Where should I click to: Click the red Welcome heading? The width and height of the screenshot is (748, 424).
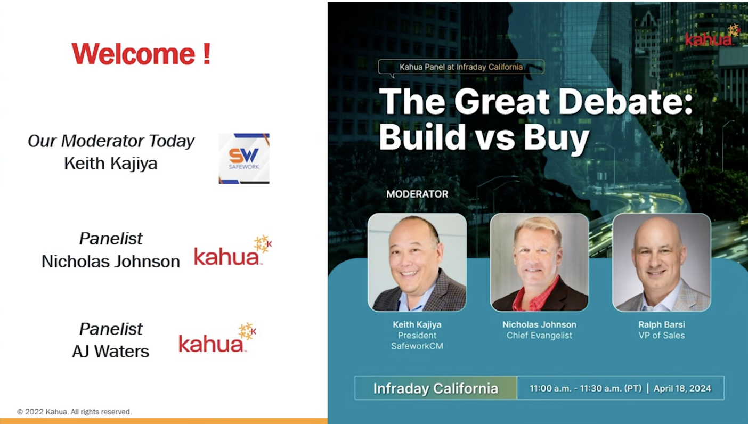coord(141,54)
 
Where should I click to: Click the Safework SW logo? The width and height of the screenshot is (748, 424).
coord(244,158)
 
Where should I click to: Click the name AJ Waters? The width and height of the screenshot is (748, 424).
coord(111,352)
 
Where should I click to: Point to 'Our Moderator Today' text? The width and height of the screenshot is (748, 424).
coord(111,141)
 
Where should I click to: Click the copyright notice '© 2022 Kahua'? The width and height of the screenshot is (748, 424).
coord(75,412)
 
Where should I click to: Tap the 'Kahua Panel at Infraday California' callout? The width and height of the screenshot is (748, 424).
coord(461,67)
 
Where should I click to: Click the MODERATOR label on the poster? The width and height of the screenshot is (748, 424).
coord(417,194)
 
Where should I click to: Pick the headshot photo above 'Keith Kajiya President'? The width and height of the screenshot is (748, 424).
coord(417,262)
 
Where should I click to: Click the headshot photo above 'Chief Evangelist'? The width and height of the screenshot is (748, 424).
coord(539,262)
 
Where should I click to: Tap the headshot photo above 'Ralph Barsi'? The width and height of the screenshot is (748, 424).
coord(662,262)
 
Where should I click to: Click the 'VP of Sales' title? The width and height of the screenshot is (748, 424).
coord(662,336)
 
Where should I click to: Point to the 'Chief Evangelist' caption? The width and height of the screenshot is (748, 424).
coord(539,336)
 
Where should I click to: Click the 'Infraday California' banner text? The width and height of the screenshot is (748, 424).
coord(435,388)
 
